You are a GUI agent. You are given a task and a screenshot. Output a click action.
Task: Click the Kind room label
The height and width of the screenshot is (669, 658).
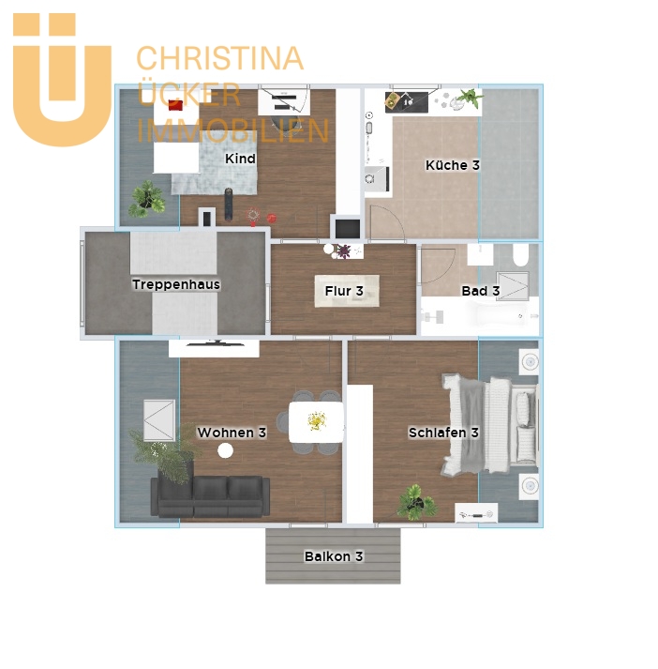tap(240, 159)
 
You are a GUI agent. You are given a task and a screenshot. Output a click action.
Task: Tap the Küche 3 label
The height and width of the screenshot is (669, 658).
tap(453, 165)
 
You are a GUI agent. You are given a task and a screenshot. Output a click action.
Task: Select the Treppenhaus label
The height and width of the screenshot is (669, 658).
tap(176, 284)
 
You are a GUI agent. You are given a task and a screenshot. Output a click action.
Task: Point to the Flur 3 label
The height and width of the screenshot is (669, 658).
tap(344, 291)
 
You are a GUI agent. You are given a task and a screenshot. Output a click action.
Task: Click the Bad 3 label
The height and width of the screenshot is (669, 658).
tap(481, 291)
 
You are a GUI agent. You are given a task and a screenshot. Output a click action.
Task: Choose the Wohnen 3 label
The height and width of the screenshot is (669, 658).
tap(232, 433)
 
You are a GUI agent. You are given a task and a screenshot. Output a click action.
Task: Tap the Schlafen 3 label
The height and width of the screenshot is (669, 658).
tap(443, 433)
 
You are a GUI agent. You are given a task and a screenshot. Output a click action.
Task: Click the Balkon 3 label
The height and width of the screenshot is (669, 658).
tap(334, 556)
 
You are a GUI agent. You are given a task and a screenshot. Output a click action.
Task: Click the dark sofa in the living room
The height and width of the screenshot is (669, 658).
tap(211, 495)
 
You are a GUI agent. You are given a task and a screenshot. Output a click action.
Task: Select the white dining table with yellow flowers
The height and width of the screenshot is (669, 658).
tap(316, 422)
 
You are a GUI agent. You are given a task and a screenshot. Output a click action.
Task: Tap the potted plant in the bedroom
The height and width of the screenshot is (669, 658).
tap(416, 502)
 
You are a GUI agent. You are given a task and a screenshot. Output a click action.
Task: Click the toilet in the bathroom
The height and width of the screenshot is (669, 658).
tap(521, 254)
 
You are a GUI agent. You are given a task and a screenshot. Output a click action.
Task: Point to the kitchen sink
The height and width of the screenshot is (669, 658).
tap(376, 179)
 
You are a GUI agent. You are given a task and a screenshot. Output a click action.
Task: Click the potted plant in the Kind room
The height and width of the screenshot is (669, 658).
tap(146, 199)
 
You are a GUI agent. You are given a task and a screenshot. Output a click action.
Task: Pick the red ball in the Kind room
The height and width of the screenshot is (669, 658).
tap(272, 219)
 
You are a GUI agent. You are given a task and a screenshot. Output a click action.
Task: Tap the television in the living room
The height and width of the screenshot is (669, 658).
tap(216, 342)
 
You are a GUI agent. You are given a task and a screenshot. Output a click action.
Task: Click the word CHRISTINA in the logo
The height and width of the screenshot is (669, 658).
tap(220, 58)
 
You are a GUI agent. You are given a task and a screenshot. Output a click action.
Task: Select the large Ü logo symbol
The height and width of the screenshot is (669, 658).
tap(62, 80)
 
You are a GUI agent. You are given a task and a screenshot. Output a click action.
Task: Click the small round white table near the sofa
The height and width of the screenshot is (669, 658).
tap(226, 450)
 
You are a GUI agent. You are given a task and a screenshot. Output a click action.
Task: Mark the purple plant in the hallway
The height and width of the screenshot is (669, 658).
tap(343, 251)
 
